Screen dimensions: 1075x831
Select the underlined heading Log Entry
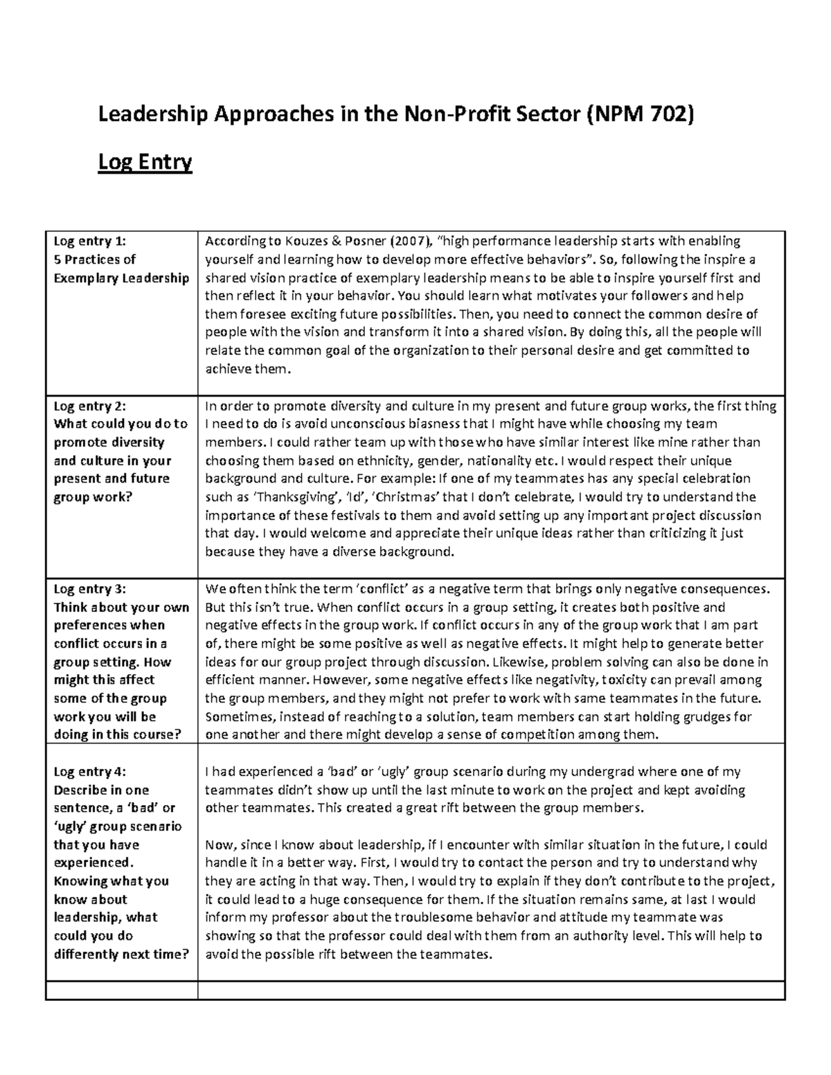point(145,163)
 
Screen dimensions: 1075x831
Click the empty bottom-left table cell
point(121,991)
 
